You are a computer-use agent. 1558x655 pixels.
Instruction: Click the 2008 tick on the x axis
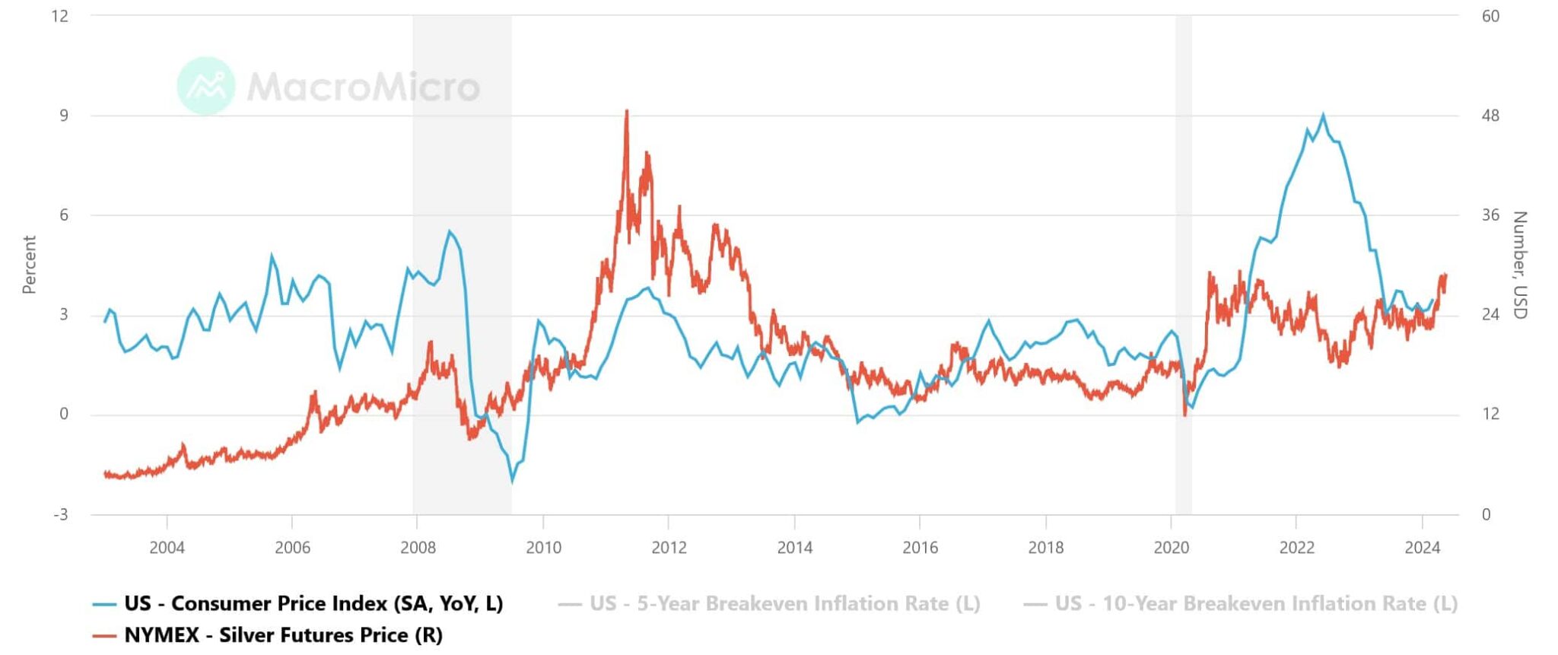[418, 547]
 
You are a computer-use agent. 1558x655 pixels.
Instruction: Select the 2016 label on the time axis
[920, 547]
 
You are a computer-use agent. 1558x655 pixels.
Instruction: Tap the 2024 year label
[1422, 547]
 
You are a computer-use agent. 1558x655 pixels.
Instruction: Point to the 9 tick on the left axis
[64, 116]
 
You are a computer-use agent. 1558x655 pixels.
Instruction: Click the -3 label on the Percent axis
[61, 515]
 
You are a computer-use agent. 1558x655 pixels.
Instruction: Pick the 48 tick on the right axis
[1490, 116]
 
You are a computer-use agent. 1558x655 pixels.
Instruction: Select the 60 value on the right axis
[1490, 16]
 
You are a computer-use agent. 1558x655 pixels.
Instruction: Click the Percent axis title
[29, 264]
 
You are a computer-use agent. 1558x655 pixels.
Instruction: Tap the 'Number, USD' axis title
[1519, 265]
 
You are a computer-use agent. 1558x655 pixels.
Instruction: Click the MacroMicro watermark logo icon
[205, 86]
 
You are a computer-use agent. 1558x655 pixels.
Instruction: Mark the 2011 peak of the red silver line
[626, 111]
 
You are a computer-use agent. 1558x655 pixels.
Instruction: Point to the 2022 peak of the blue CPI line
[1323, 116]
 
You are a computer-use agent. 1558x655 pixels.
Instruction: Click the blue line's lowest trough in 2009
[512, 481]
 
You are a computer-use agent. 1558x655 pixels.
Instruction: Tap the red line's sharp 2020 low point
[1184, 415]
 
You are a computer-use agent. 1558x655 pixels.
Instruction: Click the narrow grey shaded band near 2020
[1183, 228]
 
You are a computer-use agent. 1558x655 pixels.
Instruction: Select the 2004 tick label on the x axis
[167, 547]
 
